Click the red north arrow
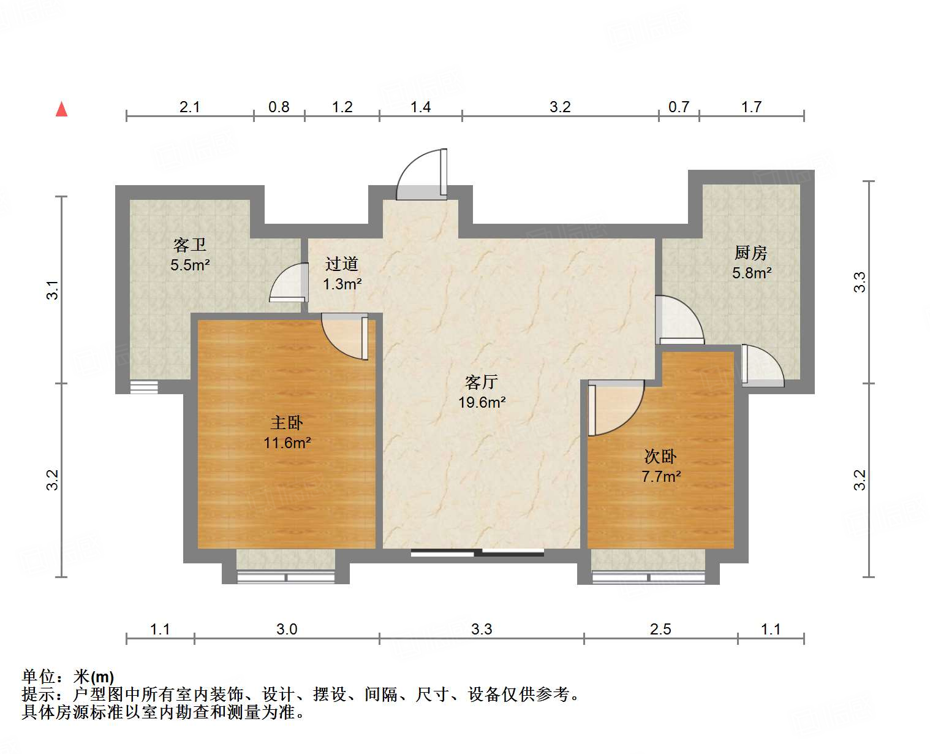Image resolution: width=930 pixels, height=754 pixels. click(x=61, y=109)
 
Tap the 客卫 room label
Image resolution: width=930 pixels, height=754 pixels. click(x=190, y=245)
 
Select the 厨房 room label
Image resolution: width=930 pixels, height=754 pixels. click(x=751, y=253)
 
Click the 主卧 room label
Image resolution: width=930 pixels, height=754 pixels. click(x=287, y=422)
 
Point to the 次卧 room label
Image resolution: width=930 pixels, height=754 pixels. click(x=660, y=457)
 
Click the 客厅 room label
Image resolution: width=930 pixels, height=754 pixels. click(x=482, y=383)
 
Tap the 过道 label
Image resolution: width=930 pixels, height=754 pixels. click(x=342, y=264)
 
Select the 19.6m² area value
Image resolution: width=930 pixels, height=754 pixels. click(x=482, y=403)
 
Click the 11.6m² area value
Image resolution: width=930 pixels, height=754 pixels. click(x=287, y=443)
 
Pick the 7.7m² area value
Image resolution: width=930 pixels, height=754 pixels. click(x=661, y=476)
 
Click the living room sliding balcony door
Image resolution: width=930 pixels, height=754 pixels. click(x=477, y=553)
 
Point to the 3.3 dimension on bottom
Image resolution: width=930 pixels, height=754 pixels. click(x=482, y=629)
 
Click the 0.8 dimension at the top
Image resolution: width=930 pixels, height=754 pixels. click(x=279, y=107)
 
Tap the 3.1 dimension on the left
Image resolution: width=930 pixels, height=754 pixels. click(x=53, y=289)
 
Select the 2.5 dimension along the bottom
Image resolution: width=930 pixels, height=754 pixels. click(x=660, y=629)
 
